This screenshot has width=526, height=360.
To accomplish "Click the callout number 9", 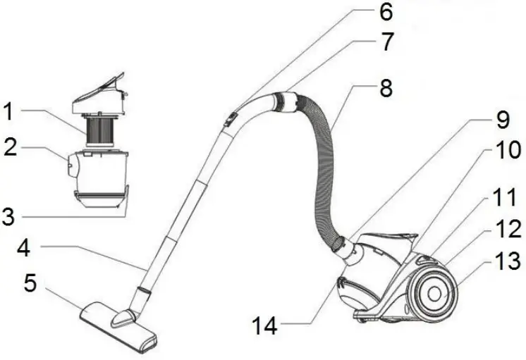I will (502, 120).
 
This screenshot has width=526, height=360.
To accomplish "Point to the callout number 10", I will (502, 151).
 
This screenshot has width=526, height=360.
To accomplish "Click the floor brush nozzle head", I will (116, 323).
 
